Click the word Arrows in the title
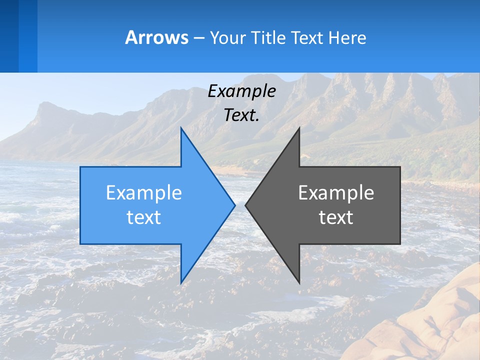coord(156,37)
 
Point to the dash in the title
coord(198,38)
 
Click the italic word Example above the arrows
coord(241,91)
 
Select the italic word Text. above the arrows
coord(241,115)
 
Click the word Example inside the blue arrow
coord(144,193)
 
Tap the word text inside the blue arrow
coord(144,217)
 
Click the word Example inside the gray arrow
coord(336,193)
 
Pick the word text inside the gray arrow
coord(336,217)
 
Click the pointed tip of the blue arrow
coord(234,205)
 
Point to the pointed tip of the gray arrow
coord(246,205)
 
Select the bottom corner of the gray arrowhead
coord(299,282)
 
